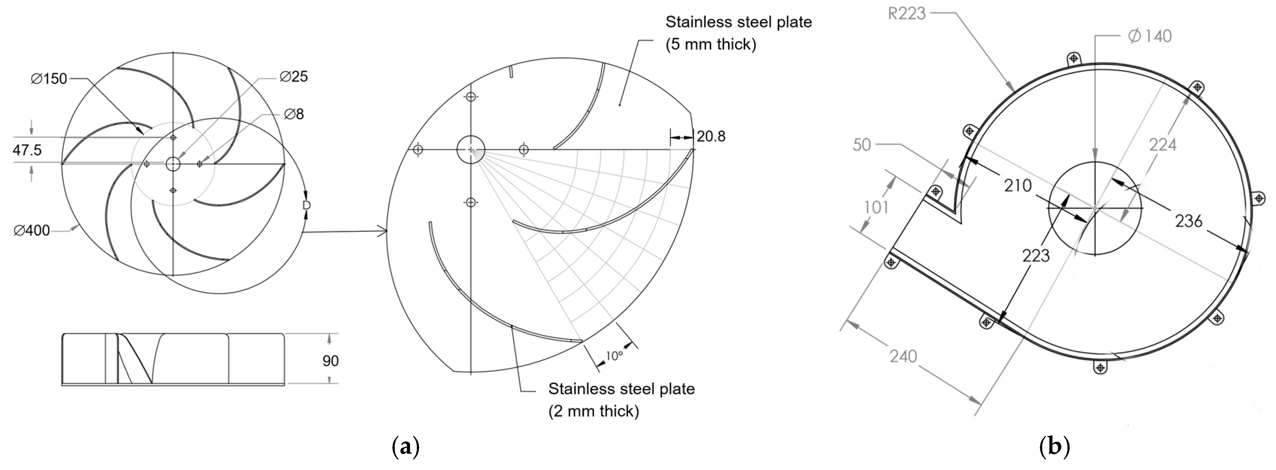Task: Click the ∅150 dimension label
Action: coord(49,79)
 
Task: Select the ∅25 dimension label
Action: coord(294,77)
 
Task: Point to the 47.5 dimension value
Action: coord(27,150)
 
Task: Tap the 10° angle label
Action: coord(614,356)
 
